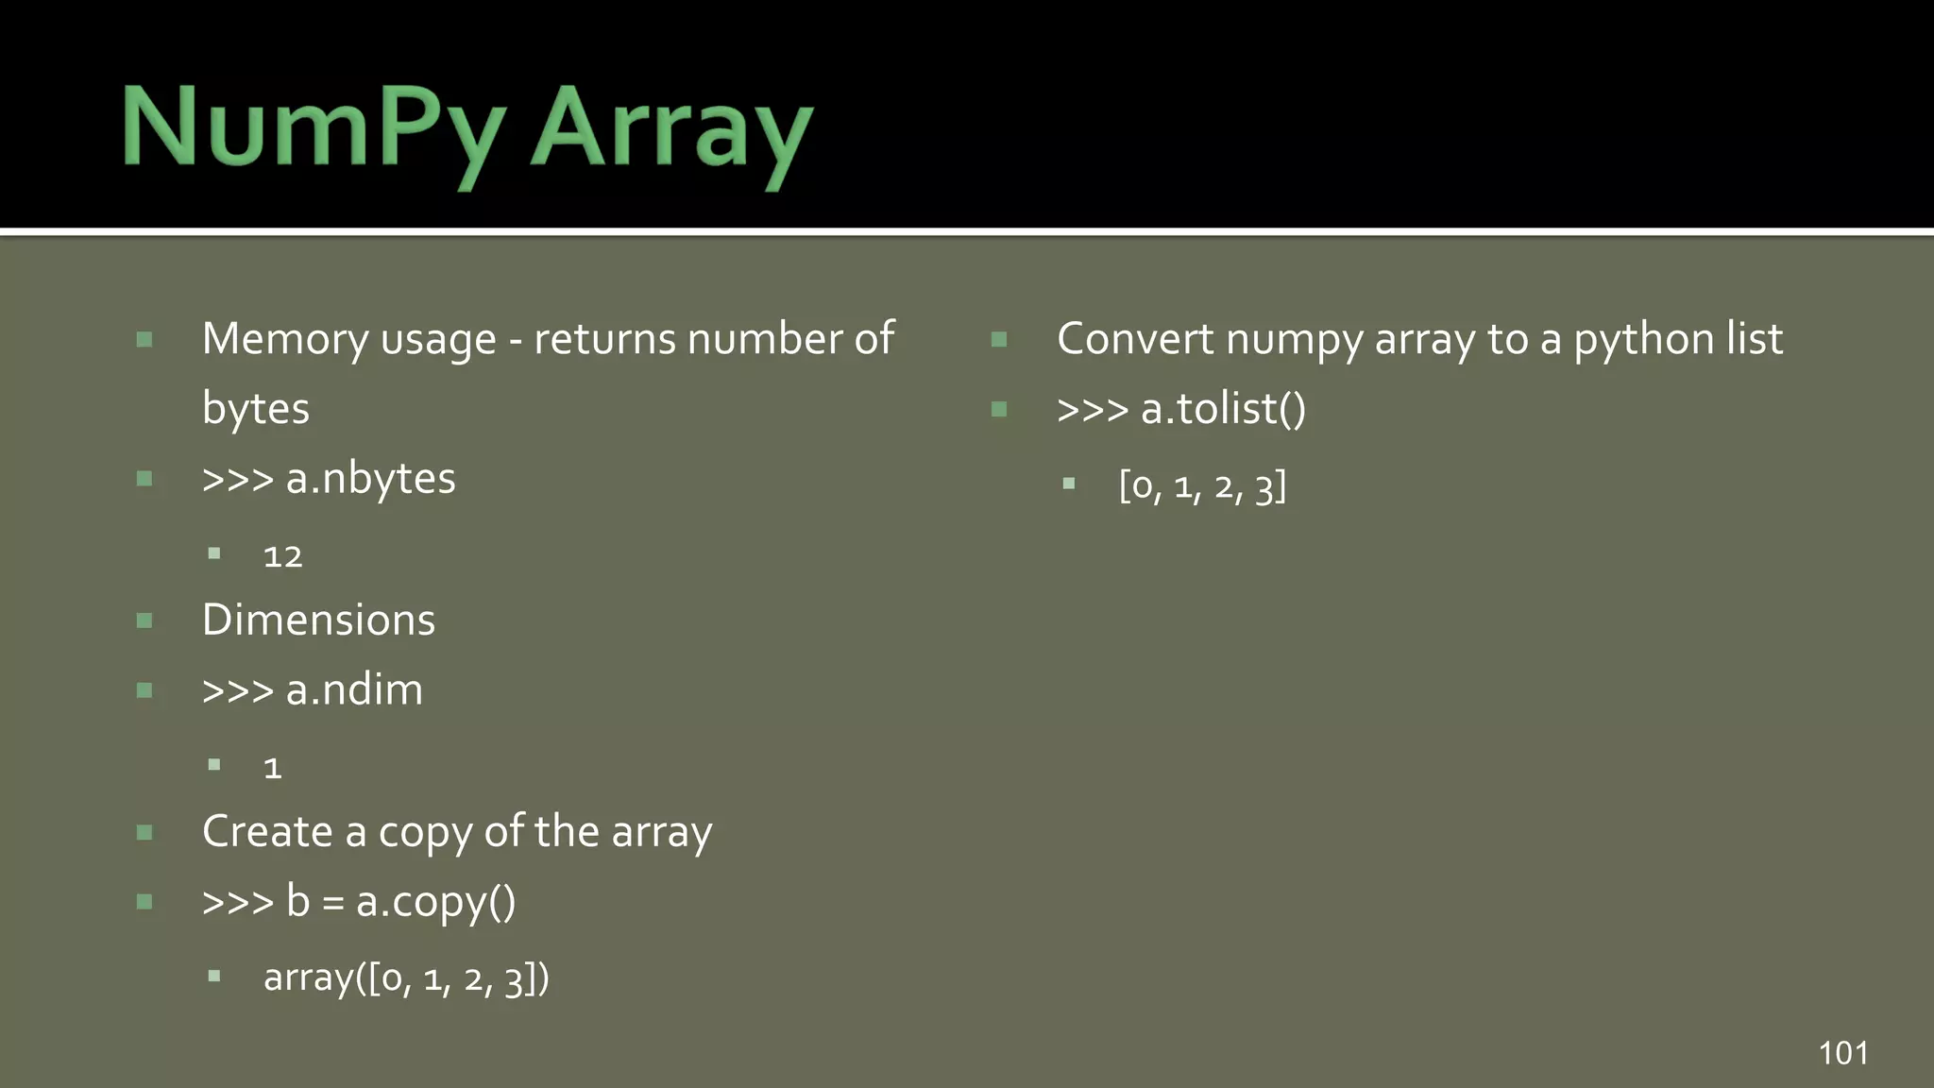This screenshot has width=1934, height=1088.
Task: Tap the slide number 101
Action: pyautogui.click(x=1842, y=1053)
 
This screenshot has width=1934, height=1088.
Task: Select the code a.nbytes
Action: pyautogui.click(x=370, y=479)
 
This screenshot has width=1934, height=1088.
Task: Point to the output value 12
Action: pyautogui.click(x=282, y=557)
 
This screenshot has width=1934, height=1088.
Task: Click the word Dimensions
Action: pyautogui.click(x=318, y=620)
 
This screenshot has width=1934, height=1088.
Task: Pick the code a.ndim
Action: pyautogui.click(x=354, y=690)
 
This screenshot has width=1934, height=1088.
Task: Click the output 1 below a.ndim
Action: pyautogui.click(x=273, y=768)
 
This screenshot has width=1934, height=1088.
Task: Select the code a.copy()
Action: pyautogui.click(x=435, y=902)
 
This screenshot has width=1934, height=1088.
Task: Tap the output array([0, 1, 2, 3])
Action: pyautogui.click(x=406, y=978)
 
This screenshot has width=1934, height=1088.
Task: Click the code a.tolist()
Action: pyautogui.click(x=1223, y=409)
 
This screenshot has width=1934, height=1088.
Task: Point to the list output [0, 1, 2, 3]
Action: pyautogui.click(x=1202, y=486)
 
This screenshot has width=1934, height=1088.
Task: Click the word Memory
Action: pyautogui.click(x=284, y=339)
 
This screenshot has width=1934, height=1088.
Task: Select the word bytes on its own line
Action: pyautogui.click(x=256, y=409)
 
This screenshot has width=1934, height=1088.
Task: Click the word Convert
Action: pyautogui.click(x=1134, y=339)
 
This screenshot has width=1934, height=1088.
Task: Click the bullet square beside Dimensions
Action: pyautogui.click(x=144, y=620)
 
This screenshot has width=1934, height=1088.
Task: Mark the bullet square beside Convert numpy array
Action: pyautogui.click(x=999, y=339)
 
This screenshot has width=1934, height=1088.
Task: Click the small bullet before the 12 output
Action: pyautogui.click(x=214, y=554)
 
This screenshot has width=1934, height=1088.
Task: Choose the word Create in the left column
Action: pyautogui.click(x=267, y=832)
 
